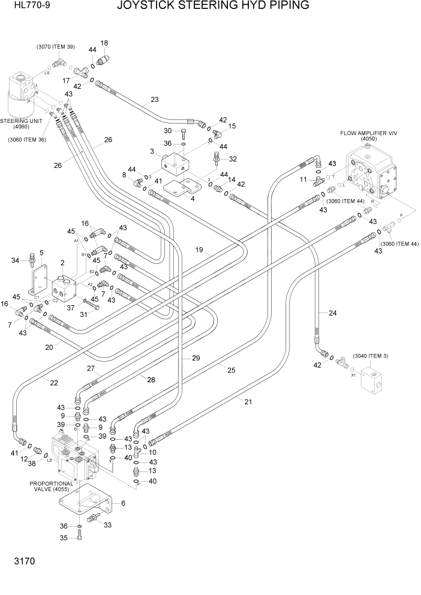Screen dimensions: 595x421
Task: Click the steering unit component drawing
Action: coord(25,94)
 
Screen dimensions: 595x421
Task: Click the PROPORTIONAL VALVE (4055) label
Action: coord(51,486)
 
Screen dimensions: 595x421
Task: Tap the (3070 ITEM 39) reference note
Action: coord(55,47)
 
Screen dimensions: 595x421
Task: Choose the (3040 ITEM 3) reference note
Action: coord(370,356)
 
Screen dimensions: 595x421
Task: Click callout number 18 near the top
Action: coord(104,43)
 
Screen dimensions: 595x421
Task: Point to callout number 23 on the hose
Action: coord(155,100)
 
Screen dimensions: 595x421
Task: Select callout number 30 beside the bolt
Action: coord(168,131)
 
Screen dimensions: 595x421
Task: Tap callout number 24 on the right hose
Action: coord(332,312)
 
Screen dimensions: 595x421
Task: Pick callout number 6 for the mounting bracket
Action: coord(123,503)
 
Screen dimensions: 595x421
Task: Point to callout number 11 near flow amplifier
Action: coord(303,179)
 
